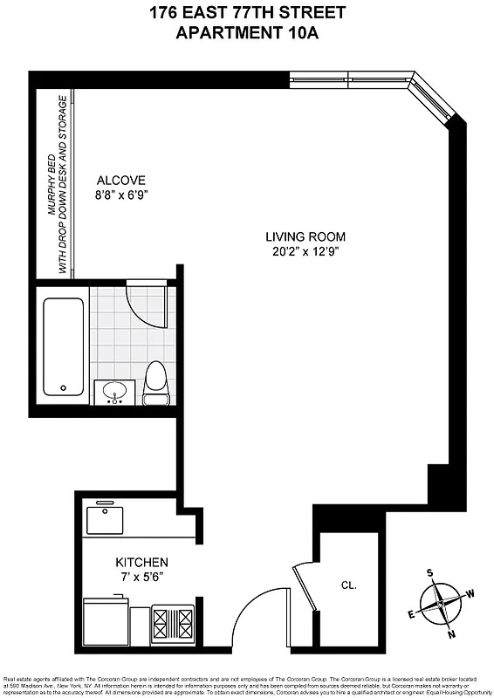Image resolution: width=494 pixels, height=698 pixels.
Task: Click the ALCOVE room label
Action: (x=120, y=181)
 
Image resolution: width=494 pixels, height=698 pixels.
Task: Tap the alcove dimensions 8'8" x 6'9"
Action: (x=120, y=195)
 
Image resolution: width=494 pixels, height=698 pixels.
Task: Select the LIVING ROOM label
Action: (x=305, y=236)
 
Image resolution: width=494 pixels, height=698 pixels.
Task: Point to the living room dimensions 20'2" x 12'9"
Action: (x=305, y=251)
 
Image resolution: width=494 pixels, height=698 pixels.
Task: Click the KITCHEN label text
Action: (x=142, y=562)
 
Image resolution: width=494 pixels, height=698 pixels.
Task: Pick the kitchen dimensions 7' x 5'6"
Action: (x=142, y=577)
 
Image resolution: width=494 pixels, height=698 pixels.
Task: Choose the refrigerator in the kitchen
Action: (x=105, y=621)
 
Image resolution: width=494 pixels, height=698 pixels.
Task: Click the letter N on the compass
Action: (x=451, y=634)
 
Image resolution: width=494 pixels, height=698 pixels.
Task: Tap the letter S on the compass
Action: (x=429, y=573)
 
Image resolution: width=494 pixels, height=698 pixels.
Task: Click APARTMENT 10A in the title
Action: (x=247, y=33)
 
